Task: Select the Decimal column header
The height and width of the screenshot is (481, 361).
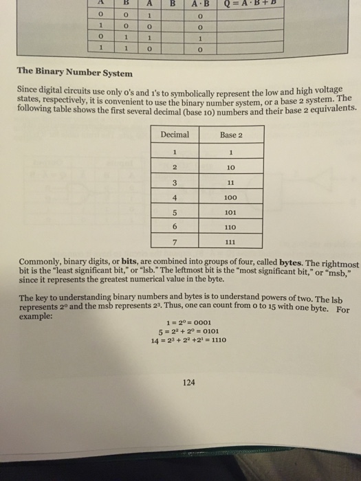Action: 175,135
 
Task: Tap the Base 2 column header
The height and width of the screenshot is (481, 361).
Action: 231,135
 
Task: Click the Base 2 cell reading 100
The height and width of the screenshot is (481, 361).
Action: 231,197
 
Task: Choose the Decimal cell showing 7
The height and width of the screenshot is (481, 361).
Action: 175,241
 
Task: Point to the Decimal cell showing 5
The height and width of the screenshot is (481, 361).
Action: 175,212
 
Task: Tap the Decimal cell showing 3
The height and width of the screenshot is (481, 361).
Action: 175,181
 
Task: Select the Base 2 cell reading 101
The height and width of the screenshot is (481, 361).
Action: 230,212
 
